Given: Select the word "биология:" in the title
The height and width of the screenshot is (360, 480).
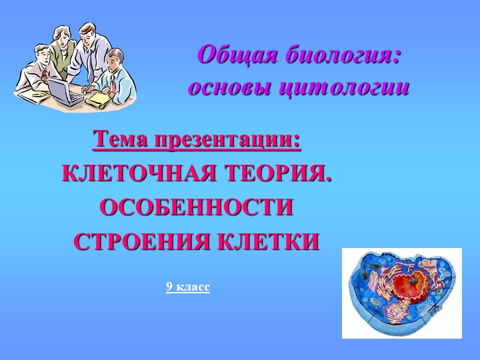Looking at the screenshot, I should pos(343,54).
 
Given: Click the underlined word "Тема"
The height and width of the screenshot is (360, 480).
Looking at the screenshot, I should pos(121,140).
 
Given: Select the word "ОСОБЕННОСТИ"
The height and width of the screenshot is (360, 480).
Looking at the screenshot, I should pos(196,207).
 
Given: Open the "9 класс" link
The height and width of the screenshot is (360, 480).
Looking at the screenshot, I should pos(188,287).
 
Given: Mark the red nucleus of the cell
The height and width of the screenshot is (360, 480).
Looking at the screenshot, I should pos(407,287).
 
